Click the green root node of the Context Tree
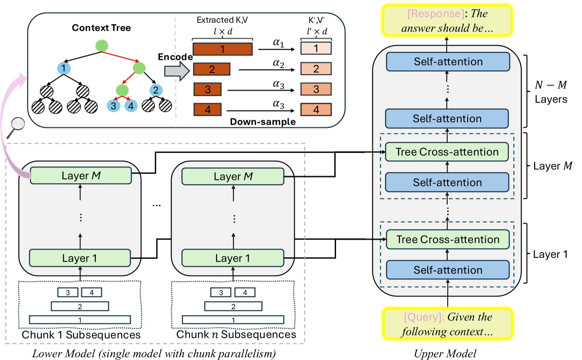coord(101,46)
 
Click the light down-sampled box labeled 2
coord(316,70)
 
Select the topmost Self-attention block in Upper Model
coord(447,61)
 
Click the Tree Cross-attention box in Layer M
coord(447,151)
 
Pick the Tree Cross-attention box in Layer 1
coord(447,240)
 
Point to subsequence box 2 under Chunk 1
coord(80,306)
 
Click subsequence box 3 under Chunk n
coord(221,292)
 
